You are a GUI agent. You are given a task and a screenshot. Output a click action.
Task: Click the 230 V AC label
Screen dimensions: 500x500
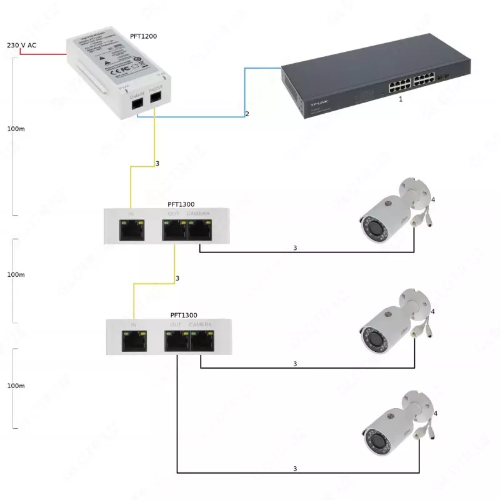pyautogui.click(x=21, y=46)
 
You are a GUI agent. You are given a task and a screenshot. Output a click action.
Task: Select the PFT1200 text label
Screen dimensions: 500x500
pyautogui.click(x=143, y=37)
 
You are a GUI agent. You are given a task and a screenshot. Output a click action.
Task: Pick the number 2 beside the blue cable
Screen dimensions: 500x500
pyautogui.click(x=247, y=114)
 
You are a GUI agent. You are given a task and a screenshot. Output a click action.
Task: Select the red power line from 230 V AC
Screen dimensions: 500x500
pyautogui.click(x=44, y=54)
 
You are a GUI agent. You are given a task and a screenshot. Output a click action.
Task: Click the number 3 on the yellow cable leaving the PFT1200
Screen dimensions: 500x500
pyautogui.click(x=157, y=164)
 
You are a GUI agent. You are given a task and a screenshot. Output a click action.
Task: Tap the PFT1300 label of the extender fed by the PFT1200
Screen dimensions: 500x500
pyautogui.click(x=181, y=204)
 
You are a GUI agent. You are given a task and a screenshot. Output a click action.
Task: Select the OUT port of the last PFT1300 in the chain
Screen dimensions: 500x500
pyautogui.click(x=176, y=341)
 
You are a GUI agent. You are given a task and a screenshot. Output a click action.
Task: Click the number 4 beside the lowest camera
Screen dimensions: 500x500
pyautogui.click(x=435, y=414)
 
